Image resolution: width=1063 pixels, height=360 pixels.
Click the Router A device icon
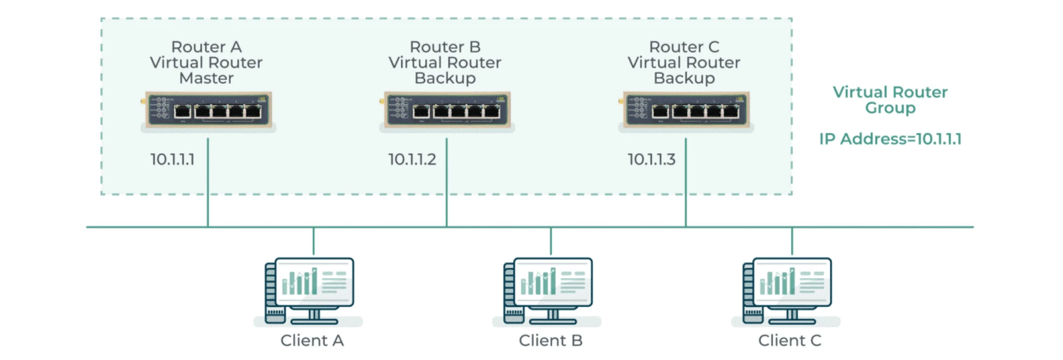pos(208,110)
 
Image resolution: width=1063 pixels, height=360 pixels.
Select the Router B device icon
pos(447,110)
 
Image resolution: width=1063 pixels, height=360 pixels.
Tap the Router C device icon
pos(686,110)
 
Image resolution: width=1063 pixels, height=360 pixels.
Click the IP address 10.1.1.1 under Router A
pos(172,160)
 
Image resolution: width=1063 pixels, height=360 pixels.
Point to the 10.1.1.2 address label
pos(412,160)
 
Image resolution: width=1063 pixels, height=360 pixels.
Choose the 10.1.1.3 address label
pos(651,160)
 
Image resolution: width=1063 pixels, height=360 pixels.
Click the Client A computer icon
pos(310,290)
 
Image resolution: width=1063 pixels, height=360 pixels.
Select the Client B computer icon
pos(549,290)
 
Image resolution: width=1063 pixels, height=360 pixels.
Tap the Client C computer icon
pos(788,290)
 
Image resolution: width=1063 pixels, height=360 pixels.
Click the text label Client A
pos(312,340)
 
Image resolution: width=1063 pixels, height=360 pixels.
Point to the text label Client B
pos(550,340)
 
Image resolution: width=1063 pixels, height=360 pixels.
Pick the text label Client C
pos(789,340)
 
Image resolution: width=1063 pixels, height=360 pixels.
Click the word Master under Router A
pos(207,78)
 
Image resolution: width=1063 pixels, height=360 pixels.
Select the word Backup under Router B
pos(445,78)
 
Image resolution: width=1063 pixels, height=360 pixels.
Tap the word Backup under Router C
pos(684,78)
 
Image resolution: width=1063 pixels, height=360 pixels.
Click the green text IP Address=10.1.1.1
pos(890,138)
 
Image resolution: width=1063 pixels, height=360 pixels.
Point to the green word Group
pos(890,107)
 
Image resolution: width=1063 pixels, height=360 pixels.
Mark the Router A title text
pos(207,47)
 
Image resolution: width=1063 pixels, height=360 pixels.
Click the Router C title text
pos(684,47)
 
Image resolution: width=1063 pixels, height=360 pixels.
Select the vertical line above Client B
pos(551,241)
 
